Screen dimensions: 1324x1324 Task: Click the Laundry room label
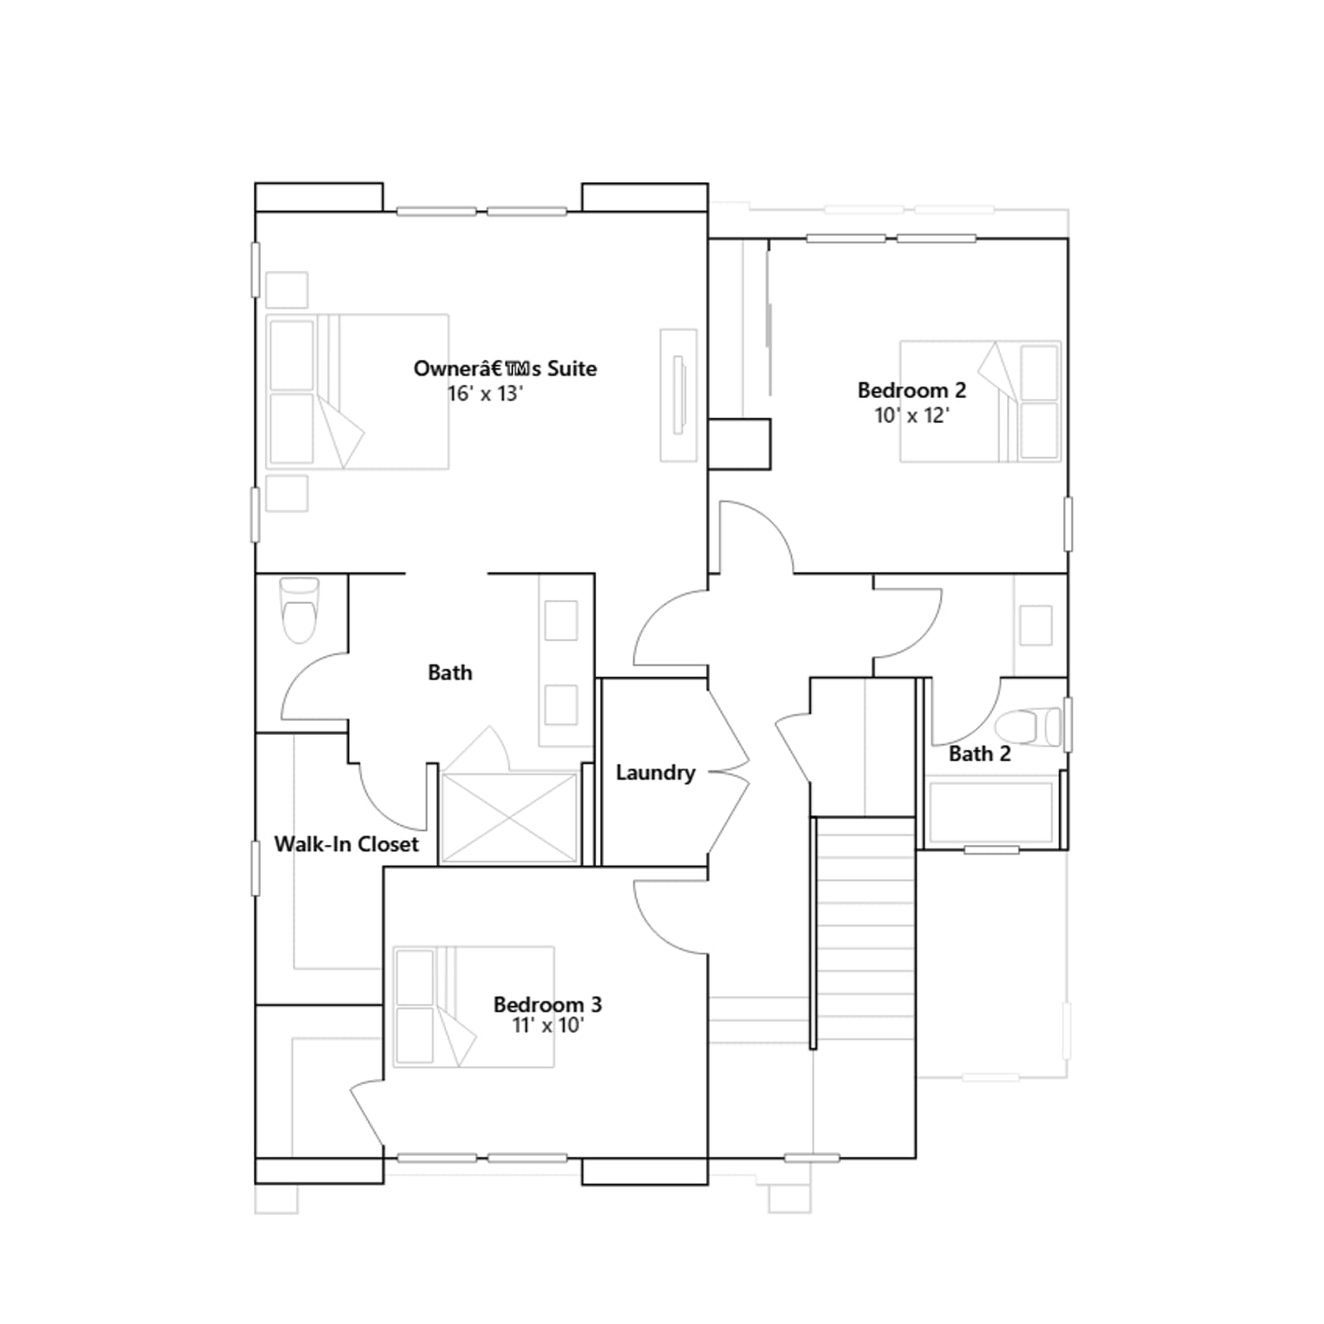click(655, 773)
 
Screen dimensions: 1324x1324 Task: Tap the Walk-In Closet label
click(347, 844)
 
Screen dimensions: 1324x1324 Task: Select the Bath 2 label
click(980, 754)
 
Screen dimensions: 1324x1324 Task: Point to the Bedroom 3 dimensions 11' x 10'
click(548, 1025)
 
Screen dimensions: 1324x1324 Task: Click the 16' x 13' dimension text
click(485, 394)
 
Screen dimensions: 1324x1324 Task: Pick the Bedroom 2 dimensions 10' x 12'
click(912, 415)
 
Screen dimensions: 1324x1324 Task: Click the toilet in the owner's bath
click(300, 610)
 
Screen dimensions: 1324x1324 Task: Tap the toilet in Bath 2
click(1028, 727)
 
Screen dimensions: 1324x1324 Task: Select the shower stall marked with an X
click(510, 818)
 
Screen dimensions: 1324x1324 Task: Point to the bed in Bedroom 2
click(981, 401)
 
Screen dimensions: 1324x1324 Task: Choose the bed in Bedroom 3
click(473, 1007)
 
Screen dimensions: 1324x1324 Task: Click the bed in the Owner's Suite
click(357, 391)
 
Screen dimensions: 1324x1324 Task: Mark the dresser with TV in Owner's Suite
click(679, 395)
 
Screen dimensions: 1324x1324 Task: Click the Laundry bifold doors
click(728, 773)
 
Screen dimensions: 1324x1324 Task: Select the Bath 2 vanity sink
click(1036, 625)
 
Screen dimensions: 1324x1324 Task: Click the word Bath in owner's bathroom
click(450, 673)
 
